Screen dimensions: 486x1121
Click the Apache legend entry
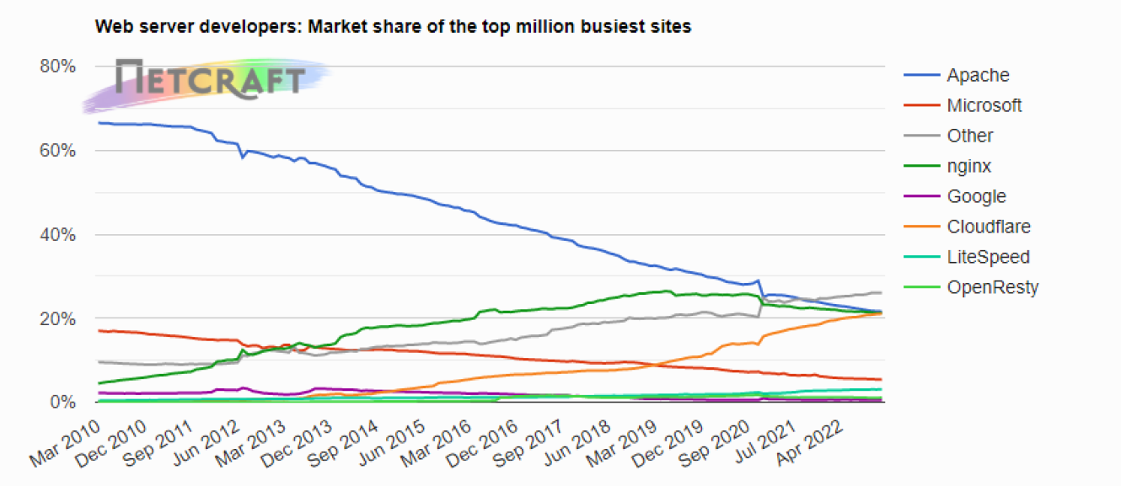pos(977,75)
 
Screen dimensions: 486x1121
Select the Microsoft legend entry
pos(984,105)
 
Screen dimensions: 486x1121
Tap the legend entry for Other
pos(969,136)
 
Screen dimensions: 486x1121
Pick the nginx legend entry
pos(968,166)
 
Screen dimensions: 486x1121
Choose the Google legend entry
pos(976,196)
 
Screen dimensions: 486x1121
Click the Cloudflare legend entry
pos(988,227)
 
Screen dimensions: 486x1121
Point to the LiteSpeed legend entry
pos(988,257)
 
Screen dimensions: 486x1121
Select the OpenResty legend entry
pos(992,287)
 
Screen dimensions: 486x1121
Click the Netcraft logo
pos(209,81)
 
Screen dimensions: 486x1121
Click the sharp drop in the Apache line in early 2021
pos(761,289)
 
